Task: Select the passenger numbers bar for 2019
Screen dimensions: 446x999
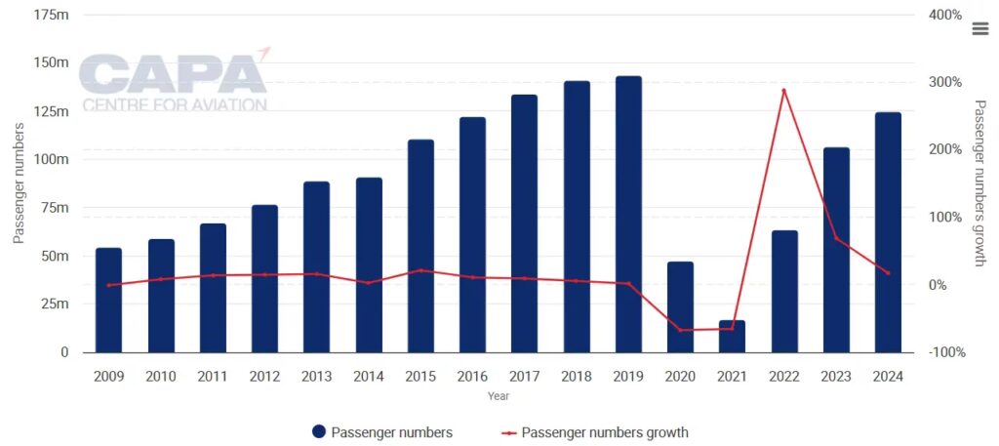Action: pos(628,214)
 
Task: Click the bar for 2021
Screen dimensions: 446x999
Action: pos(732,336)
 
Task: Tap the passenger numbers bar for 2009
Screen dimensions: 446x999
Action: pos(108,300)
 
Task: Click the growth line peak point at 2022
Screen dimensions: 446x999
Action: pos(784,91)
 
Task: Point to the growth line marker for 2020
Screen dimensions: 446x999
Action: pos(680,330)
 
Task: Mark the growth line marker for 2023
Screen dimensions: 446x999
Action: pos(836,238)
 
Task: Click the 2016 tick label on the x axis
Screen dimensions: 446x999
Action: pos(472,377)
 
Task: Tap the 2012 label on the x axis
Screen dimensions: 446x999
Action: pos(264,377)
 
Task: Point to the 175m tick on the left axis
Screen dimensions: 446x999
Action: pos(51,16)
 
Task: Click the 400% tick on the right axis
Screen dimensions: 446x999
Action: pos(945,16)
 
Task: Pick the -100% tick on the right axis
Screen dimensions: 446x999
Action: pos(945,351)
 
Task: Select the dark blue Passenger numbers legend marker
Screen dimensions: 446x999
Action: pos(318,432)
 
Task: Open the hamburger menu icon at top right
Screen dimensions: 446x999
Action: pos(980,29)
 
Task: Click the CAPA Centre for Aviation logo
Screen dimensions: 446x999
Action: pos(174,82)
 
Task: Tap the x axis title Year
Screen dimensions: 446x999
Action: pos(499,397)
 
